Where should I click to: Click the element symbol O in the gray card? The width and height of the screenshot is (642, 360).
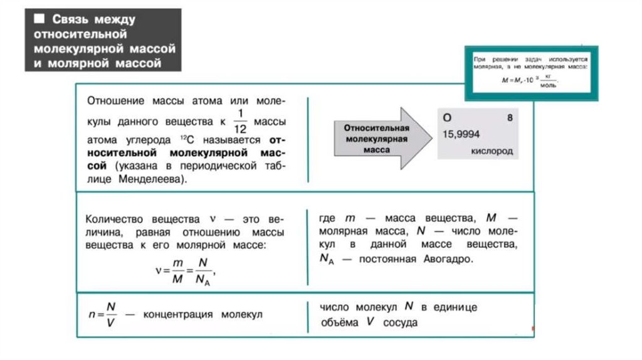[448, 117]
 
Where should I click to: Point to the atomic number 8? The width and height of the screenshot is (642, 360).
[509, 117]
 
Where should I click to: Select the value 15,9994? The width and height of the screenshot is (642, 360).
[463, 134]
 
